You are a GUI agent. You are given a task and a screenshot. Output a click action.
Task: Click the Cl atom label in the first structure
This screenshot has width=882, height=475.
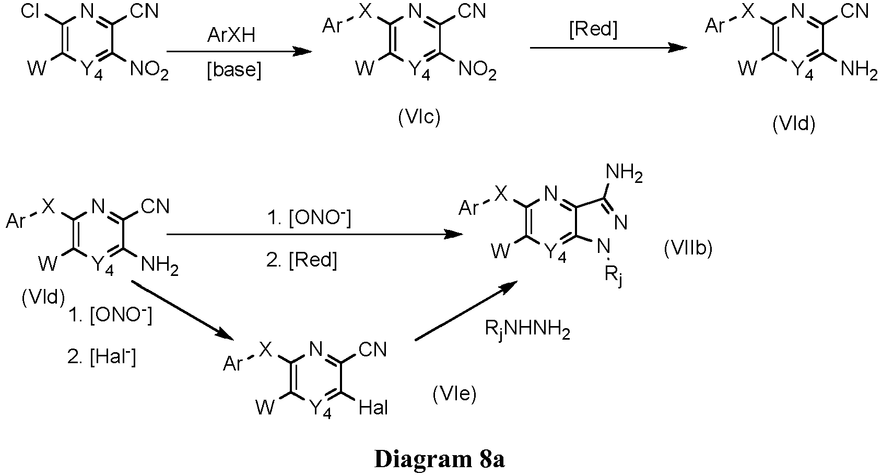30,11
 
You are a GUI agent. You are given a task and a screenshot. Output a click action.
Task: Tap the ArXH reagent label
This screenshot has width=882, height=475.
231,35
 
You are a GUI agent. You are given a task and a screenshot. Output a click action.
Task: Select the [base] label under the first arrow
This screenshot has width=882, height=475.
234,70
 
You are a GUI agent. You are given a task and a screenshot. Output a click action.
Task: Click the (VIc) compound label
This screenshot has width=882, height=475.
419,118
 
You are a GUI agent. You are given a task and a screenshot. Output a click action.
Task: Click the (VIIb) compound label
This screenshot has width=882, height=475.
688,249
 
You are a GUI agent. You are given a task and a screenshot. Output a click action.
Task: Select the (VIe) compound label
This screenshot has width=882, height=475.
455,394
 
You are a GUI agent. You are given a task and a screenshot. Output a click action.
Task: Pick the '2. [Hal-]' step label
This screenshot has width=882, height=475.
102,357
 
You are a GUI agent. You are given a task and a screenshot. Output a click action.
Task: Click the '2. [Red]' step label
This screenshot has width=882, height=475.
302,260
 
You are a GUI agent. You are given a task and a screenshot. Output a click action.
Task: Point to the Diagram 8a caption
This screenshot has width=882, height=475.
439,459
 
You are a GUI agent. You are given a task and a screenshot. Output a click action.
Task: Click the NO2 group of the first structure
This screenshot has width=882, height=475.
149,71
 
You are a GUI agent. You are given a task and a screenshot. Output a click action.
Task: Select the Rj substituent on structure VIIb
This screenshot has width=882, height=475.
614,277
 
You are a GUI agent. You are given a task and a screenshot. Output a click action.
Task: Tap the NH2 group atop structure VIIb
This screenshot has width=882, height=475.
624,173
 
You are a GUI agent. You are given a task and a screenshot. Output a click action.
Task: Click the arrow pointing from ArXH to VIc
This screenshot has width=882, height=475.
239,52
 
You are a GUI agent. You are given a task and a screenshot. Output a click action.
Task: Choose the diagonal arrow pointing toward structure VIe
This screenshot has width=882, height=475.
182,310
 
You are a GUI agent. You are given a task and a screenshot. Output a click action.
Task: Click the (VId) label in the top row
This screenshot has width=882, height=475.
794,124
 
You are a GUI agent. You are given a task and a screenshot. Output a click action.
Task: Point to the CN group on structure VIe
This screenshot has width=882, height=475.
372,350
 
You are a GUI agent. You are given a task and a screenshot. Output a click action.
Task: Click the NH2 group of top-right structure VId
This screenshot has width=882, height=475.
859,70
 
